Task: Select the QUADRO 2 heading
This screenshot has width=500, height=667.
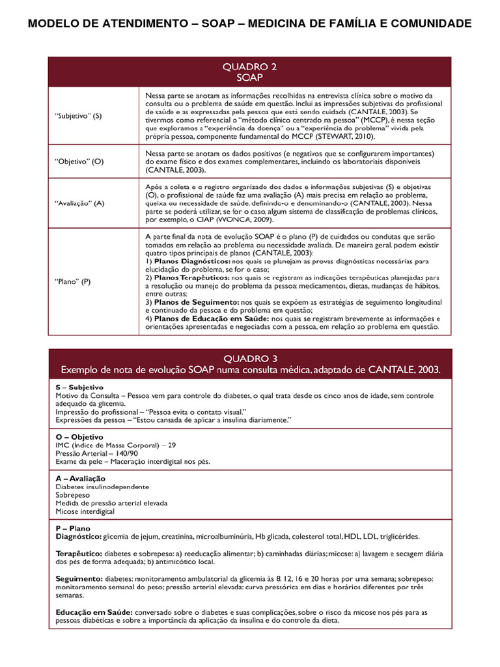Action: (x=249, y=66)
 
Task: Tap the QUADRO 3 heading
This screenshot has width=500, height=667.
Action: (x=250, y=358)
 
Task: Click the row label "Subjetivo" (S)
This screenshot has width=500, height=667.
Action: (x=78, y=116)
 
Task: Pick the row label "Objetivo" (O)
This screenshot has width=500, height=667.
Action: (x=79, y=161)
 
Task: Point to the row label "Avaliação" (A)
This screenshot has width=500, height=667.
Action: (x=79, y=203)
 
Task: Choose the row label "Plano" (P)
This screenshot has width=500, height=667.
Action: (x=72, y=281)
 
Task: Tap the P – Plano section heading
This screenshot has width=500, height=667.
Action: (x=74, y=528)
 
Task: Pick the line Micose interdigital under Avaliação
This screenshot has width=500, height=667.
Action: (x=85, y=511)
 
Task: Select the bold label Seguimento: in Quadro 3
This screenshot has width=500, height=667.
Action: (x=79, y=578)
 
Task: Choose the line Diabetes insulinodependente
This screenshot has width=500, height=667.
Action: (x=102, y=487)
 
